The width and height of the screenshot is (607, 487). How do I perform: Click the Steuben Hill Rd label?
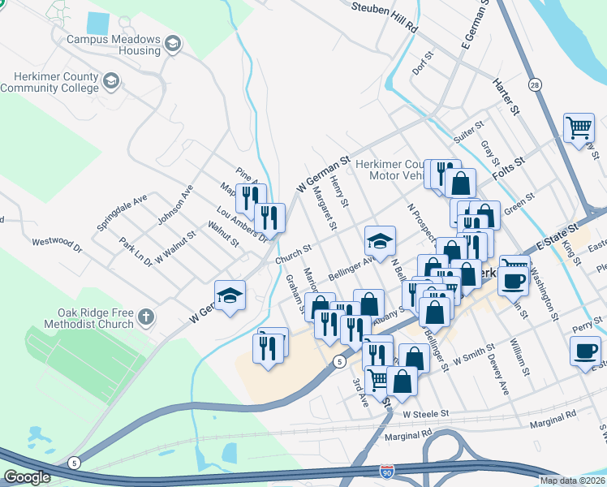(385, 18)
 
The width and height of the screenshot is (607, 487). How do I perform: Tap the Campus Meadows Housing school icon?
(172, 42)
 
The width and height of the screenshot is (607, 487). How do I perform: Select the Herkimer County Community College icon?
(110, 81)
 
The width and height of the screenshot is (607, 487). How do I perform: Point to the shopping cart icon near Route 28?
(579, 127)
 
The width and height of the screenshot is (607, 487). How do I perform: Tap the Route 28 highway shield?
(534, 84)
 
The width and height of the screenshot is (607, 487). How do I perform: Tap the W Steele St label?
(425, 414)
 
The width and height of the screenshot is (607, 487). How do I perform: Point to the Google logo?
(27, 477)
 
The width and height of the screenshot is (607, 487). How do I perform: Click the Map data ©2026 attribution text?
(572, 481)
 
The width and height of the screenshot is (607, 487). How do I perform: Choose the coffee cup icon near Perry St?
(585, 350)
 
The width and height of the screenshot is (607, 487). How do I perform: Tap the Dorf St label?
(424, 65)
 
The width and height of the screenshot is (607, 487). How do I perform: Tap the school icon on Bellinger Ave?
(379, 240)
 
